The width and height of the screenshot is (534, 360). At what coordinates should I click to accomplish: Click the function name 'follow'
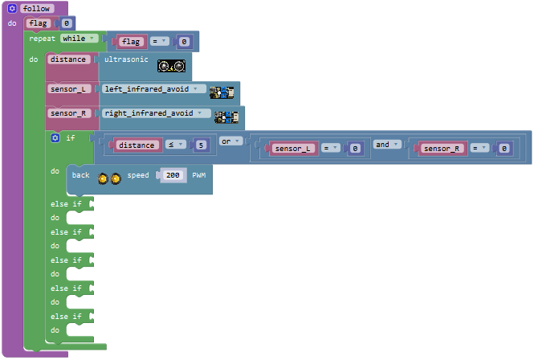tap(36, 9)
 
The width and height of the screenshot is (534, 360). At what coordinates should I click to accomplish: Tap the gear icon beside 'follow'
tap(12, 9)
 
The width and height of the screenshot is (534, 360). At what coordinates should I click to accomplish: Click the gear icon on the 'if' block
tap(55, 137)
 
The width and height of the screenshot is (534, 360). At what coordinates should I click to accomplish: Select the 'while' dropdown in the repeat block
tap(79, 39)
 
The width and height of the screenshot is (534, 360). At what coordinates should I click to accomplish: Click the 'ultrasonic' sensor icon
tap(171, 66)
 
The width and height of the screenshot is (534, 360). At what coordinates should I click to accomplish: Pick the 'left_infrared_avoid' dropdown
tap(154, 89)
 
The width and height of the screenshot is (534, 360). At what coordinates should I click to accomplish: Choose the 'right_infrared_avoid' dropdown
tap(157, 113)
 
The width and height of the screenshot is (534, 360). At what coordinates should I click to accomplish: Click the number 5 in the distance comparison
tap(201, 145)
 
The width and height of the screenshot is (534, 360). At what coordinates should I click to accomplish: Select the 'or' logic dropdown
tap(230, 141)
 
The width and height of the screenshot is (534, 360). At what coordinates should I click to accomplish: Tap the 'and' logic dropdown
tap(387, 145)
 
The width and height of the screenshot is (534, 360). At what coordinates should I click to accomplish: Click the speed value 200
tap(173, 175)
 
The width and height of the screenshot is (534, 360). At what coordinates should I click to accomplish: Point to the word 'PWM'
tap(199, 175)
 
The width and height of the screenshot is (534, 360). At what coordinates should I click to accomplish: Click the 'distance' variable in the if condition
tap(137, 145)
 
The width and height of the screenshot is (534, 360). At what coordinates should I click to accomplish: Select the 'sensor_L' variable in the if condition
tap(292, 149)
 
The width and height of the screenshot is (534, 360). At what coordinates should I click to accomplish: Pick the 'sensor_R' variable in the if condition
tap(442, 149)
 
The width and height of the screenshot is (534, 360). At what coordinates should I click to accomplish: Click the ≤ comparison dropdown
tap(176, 145)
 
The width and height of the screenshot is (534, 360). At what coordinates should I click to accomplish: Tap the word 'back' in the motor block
tap(81, 175)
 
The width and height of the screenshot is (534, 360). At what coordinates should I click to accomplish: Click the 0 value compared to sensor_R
tap(504, 149)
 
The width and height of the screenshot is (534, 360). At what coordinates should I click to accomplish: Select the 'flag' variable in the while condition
tap(131, 42)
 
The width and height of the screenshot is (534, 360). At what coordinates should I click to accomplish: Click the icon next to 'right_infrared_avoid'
tap(226, 117)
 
